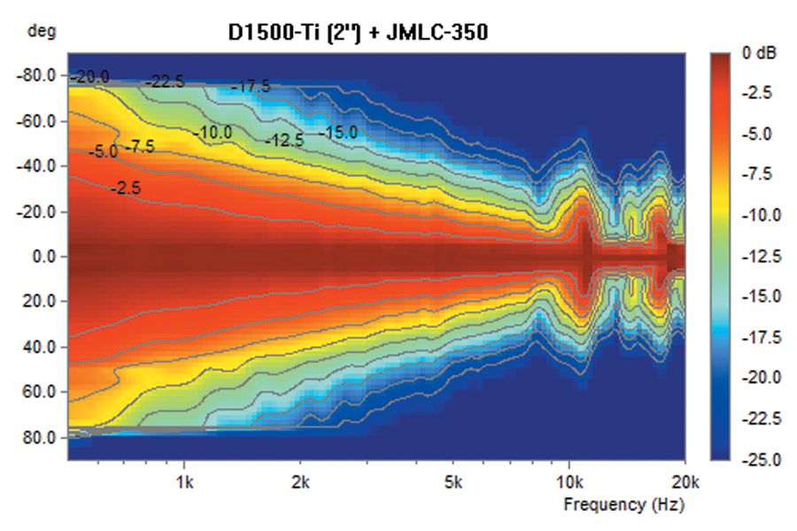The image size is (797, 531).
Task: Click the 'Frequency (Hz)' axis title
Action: point(623,504)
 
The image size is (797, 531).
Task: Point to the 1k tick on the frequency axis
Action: point(184,483)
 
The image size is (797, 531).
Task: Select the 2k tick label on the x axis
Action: point(301,483)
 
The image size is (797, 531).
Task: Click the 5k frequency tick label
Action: point(453,483)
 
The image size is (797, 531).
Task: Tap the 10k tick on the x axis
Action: point(569,483)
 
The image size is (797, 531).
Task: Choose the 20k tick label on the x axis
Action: point(684,483)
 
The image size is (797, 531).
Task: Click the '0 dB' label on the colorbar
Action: point(760,53)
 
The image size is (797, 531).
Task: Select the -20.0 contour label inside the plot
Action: point(91,77)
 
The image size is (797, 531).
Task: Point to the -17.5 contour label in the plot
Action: point(251,87)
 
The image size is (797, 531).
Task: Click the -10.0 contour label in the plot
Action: point(213,133)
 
